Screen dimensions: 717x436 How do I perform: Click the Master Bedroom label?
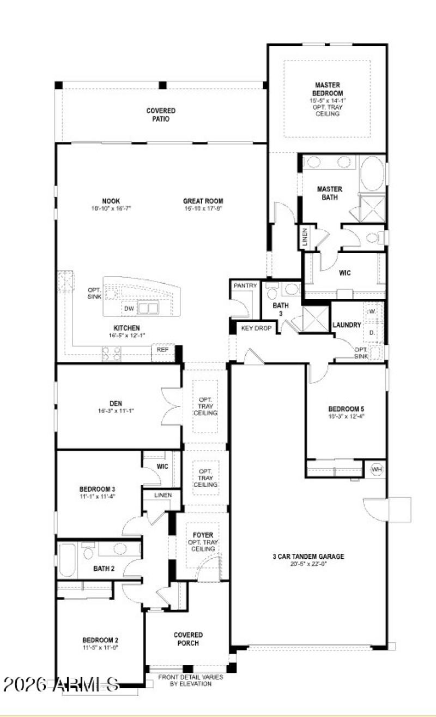pos(328,89)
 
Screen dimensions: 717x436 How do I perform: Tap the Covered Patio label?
pos(161,115)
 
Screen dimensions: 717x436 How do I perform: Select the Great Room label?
pos(203,201)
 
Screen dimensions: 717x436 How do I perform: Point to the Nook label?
pos(111,201)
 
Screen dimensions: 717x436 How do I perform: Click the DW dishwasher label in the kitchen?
pos(129,308)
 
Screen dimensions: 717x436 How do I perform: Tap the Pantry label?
pos(245,286)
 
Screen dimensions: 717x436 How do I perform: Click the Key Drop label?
pos(256,328)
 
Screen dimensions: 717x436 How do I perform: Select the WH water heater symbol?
pos(377,469)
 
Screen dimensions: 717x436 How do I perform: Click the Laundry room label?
pos(347,325)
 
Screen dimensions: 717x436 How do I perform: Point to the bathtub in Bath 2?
pos(67,559)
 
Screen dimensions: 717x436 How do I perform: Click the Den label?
pos(115,404)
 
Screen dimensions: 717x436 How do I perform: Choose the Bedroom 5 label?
pos(346,409)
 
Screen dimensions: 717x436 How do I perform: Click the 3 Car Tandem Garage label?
pos(308,557)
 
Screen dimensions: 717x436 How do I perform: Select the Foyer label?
pos(203,535)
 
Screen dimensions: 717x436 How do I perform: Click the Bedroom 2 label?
pos(100,640)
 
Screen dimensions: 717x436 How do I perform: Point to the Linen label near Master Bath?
pos(305,237)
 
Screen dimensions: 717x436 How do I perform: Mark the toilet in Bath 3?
pos(272,292)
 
